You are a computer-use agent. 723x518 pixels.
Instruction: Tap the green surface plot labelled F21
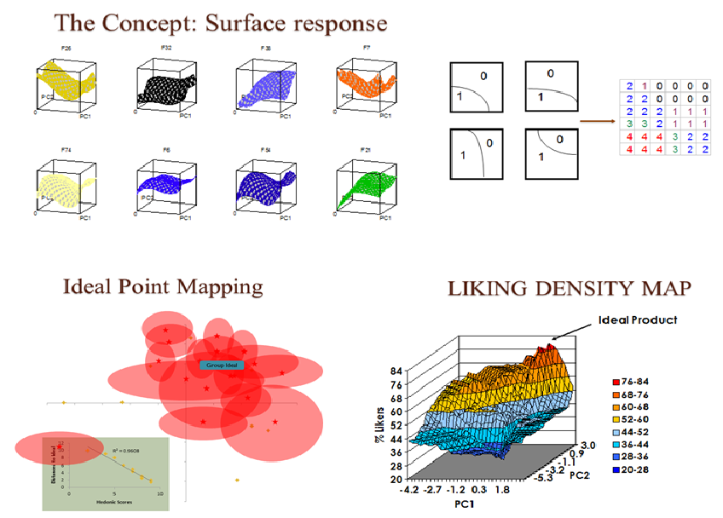click(365, 182)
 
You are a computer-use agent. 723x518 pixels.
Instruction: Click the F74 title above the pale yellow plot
click(67, 150)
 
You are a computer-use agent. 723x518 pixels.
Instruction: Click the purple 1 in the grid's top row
click(644, 86)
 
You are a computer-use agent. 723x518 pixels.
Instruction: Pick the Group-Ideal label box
click(222, 365)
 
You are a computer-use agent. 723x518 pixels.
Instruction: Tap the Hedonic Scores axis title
click(113, 503)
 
